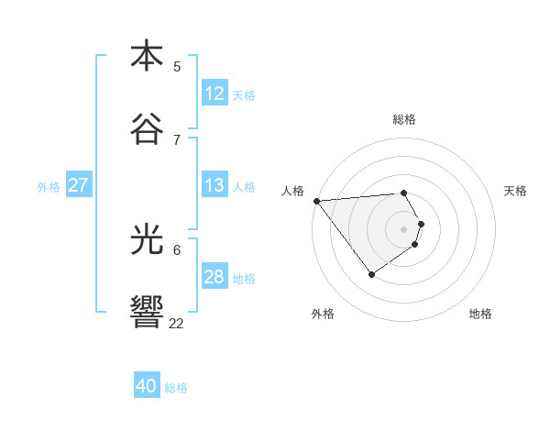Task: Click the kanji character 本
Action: coord(147,56)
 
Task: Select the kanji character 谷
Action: coord(147,127)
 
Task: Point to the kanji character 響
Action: coord(147,311)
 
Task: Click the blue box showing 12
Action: coord(214,94)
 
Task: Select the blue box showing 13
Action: coord(214,185)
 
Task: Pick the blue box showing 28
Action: coord(214,277)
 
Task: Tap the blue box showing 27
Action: coord(79,185)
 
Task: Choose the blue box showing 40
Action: coord(147,386)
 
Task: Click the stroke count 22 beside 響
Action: coord(177,323)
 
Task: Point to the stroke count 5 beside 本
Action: coord(177,66)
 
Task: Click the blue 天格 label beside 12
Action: coord(244,94)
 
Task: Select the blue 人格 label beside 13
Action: coord(244,186)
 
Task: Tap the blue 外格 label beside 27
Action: coord(49,186)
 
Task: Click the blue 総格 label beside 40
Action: coord(176,388)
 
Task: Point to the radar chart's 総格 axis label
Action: coord(404,119)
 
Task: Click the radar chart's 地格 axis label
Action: coord(480,314)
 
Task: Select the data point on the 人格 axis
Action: coord(316,200)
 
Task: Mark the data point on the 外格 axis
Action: coord(371,274)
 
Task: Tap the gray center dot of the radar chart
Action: coord(404,228)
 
